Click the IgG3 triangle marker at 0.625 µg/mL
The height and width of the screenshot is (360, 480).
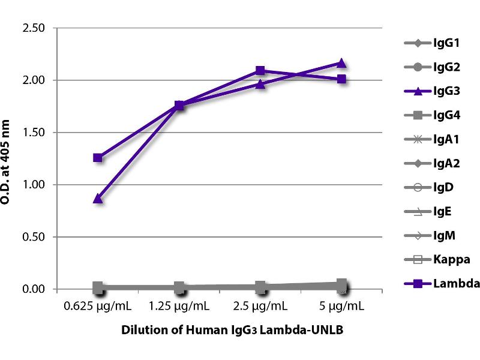98,199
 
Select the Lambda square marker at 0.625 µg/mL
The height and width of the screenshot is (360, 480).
98,158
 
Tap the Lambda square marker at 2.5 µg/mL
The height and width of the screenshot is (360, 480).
260,71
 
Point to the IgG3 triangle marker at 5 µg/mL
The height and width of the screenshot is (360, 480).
341,63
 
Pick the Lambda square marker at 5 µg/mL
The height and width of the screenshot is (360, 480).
341,79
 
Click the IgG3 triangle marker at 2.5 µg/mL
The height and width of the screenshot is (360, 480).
260,84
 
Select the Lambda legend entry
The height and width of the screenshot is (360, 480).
434,283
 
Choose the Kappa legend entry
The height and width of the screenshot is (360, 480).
433,259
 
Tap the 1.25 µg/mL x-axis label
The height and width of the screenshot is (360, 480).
179,307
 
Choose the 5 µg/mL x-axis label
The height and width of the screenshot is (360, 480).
341,307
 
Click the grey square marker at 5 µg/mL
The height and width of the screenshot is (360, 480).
341,284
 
